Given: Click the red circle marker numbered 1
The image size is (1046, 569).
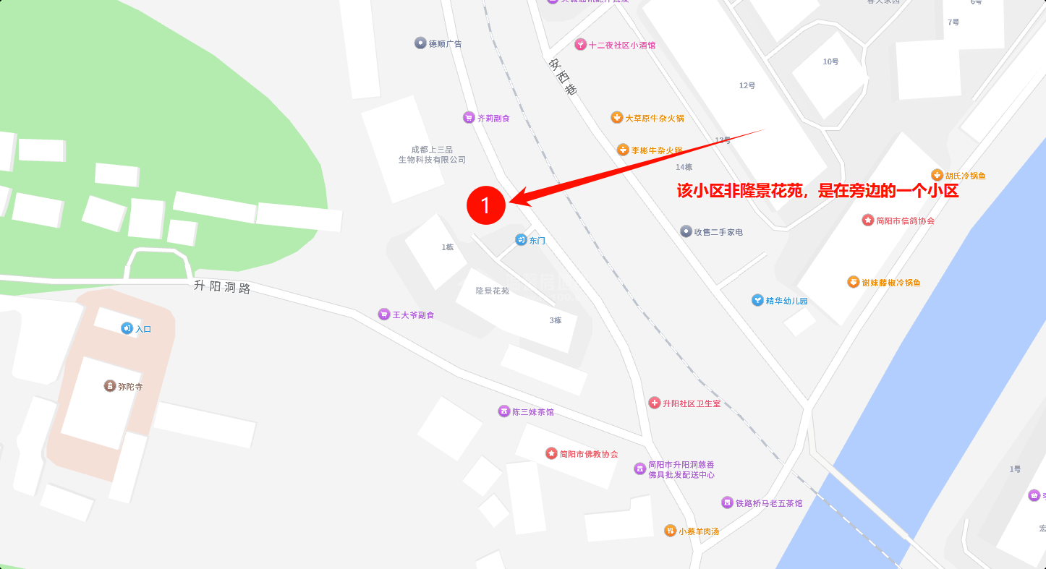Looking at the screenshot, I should (x=485, y=205).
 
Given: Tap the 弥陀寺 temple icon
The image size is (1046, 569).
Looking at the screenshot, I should (x=110, y=386).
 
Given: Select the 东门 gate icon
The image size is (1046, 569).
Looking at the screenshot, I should (x=521, y=240).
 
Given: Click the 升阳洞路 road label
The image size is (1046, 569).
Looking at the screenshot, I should (x=222, y=286).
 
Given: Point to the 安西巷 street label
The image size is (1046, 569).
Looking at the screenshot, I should (x=563, y=77).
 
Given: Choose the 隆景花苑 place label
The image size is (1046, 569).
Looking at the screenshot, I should (x=492, y=291).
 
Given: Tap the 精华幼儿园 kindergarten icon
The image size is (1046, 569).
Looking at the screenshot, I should (x=757, y=300).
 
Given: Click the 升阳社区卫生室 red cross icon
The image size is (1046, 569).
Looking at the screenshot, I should (x=655, y=403).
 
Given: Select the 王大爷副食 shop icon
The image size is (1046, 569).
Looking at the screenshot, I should (x=383, y=315).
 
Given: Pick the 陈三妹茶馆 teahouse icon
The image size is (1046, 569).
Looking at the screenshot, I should (x=504, y=411).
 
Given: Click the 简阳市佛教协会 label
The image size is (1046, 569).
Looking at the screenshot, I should (x=589, y=454).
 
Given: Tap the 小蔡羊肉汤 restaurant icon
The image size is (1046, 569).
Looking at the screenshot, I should (x=670, y=531).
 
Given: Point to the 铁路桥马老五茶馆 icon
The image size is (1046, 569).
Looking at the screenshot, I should (x=727, y=502).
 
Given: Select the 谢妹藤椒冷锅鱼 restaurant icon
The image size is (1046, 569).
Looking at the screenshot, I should (x=854, y=282).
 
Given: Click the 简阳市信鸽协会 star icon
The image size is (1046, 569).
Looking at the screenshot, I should (x=868, y=220).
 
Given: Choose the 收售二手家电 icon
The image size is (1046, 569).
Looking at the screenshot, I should (x=686, y=231).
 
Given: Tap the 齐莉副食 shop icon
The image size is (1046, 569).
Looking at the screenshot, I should (x=469, y=118).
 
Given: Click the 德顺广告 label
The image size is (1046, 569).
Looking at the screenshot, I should (x=445, y=43).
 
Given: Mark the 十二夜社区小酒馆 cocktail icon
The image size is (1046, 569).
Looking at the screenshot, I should (x=580, y=45).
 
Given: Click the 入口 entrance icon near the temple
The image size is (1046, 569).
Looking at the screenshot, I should (x=127, y=328).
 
